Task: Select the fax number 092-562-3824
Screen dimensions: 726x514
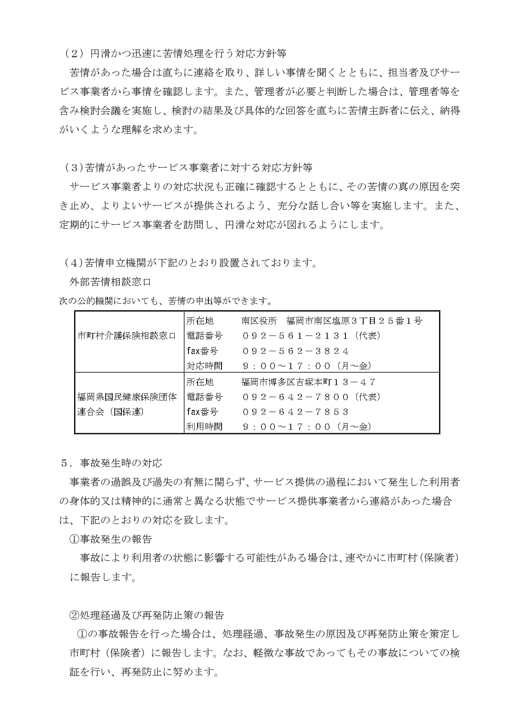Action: click(295, 351)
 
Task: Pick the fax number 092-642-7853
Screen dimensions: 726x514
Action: click(295, 412)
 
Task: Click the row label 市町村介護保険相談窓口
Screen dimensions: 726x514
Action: click(127, 335)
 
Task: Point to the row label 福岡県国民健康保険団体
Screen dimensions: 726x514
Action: click(127, 397)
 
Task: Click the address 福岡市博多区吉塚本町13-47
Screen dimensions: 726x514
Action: click(309, 382)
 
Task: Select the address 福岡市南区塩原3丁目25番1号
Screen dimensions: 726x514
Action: click(354, 321)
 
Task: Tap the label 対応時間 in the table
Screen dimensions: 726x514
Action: click(204, 366)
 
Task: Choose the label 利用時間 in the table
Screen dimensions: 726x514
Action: click(204, 426)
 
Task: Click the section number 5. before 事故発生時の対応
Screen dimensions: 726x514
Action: click(66, 463)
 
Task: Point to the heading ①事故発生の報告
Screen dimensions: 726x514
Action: click(110, 539)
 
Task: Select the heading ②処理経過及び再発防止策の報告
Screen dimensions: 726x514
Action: click(147, 615)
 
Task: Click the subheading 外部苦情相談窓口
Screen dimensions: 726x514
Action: click(110, 282)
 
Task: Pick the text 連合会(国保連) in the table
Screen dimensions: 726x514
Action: click(110, 412)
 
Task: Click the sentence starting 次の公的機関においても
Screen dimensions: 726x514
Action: click(166, 301)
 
